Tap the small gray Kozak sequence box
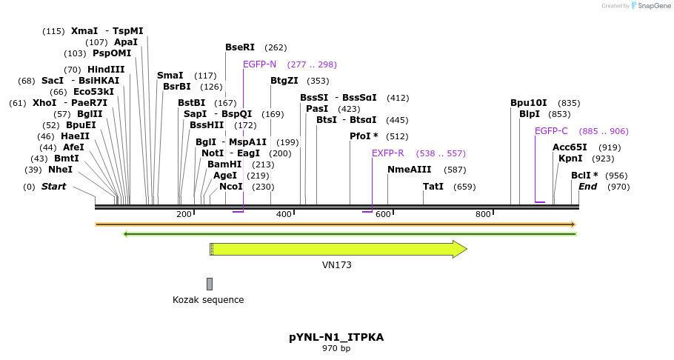pyautogui.click(x=210, y=284)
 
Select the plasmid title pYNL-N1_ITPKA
pyautogui.click(x=336, y=337)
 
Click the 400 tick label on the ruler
pyautogui.click(x=284, y=215)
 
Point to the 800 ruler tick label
pyautogui.click(x=483, y=215)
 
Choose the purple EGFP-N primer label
pyautogui.click(x=259, y=64)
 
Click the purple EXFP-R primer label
pyautogui.click(x=388, y=153)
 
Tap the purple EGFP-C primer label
pyautogui.click(x=551, y=131)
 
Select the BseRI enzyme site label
pyautogui.click(x=240, y=47)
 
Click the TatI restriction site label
pyautogui.click(x=433, y=187)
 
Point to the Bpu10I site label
pyautogui.click(x=529, y=103)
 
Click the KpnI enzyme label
pyautogui.click(x=570, y=159)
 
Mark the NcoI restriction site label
pyautogui.click(x=231, y=187)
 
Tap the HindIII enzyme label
pyautogui.click(x=106, y=70)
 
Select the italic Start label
pyautogui.click(x=53, y=187)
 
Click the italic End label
pyautogui.click(x=587, y=187)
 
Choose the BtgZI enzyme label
pyautogui.click(x=284, y=81)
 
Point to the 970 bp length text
pyautogui.click(x=336, y=348)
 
